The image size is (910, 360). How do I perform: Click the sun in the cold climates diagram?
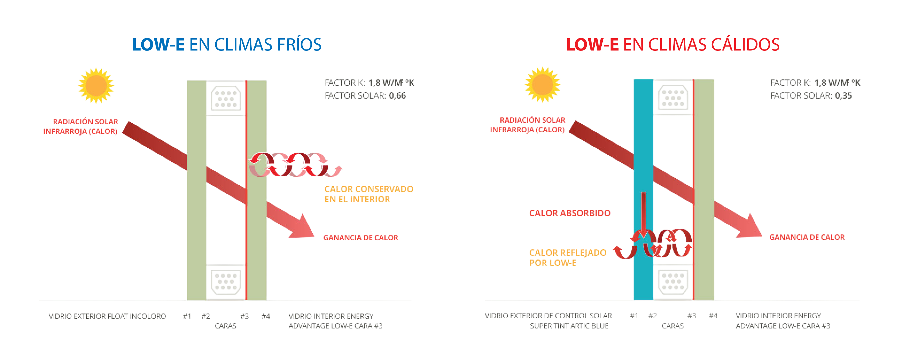point(96,86)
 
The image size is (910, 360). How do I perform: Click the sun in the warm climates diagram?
point(542,85)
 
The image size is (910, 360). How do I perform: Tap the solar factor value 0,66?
point(397,96)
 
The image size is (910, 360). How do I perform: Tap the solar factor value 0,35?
point(843,96)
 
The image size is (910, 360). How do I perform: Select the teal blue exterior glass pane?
point(643,141)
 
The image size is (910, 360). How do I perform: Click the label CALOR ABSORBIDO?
point(569,213)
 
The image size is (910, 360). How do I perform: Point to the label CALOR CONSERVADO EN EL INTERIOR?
point(368,194)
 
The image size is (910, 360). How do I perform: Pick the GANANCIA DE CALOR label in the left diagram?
point(360,238)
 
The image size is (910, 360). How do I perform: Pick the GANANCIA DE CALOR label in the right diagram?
point(807,237)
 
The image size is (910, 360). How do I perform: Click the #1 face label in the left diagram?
point(187,316)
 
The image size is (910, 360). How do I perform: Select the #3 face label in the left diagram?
point(244,316)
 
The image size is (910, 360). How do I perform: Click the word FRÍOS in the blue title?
point(299,45)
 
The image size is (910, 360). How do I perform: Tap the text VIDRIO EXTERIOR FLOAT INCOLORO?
point(107,316)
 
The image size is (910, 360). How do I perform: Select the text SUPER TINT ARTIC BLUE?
point(569,326)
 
